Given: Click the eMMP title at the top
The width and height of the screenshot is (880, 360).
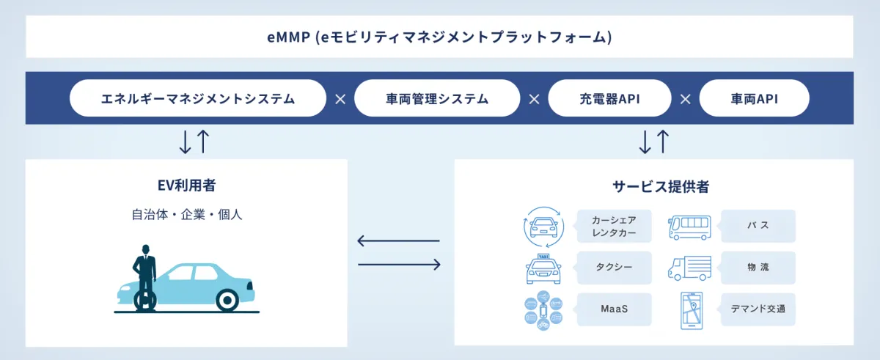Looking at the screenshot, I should (439, 37).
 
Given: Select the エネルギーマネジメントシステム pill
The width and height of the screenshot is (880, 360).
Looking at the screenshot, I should (198, 98).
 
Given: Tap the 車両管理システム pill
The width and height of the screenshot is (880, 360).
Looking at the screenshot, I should (436, 98).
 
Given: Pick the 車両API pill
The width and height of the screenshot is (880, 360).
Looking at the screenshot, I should (754, 98).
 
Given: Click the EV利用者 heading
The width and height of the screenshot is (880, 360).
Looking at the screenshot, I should (186, 186).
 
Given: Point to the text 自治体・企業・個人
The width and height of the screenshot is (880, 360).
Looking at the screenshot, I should (186, 215).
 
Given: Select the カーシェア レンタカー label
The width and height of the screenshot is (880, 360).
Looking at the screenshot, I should (613, 227).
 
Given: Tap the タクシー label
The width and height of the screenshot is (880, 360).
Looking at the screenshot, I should (613, 268).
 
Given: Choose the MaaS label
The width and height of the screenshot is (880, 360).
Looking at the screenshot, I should (613, 309).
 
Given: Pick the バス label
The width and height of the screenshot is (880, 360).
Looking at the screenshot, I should (758, 227).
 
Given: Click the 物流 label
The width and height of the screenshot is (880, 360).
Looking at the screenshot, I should (758, 268).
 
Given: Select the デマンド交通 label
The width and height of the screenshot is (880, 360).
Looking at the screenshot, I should (758, 309).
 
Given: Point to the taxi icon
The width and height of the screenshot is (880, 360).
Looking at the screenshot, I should (543, 268).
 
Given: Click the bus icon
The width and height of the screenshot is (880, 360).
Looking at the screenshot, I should (689, 227).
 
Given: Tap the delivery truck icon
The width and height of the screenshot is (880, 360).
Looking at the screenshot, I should (689, 268).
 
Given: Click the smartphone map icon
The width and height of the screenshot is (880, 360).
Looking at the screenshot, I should (691, 309).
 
